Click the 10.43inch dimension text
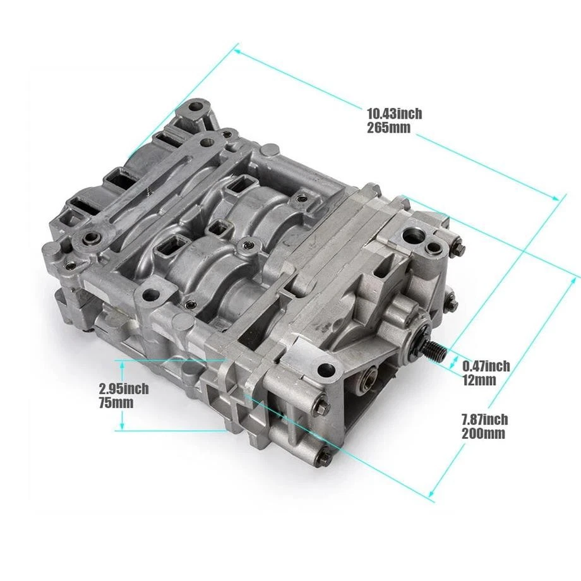tap(394, 114)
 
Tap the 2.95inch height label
tap(124, 388)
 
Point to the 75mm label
tap(116, 403)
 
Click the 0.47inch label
tap(486, 366)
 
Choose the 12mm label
tap(479, 380)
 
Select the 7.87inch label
tap(484, 419)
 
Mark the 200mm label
tap(483, 433)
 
